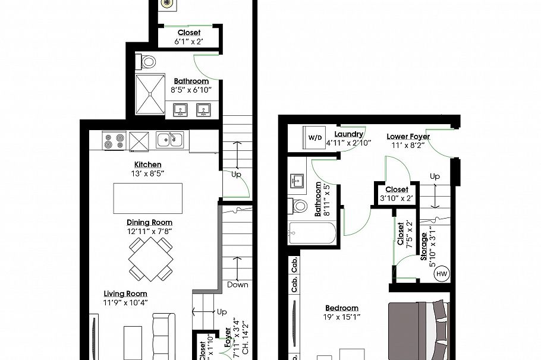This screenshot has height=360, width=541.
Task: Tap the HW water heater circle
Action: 442,274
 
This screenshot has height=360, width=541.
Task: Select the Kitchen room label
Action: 147,165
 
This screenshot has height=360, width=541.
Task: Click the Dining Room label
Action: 149,222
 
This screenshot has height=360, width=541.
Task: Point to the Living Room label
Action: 125,293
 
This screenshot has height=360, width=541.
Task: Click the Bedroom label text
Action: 342,308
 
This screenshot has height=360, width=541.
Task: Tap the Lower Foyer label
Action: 408,136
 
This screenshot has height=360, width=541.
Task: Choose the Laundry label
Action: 348,134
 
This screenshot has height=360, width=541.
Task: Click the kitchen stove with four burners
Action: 114,141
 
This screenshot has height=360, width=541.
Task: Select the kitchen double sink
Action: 170,140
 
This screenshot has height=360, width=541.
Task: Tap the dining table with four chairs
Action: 151,259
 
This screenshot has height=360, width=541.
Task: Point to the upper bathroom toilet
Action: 147,61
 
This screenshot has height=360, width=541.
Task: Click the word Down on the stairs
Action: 238,285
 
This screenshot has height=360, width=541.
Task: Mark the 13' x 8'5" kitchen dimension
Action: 147,174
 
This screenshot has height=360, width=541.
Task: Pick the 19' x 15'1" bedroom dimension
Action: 342,317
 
